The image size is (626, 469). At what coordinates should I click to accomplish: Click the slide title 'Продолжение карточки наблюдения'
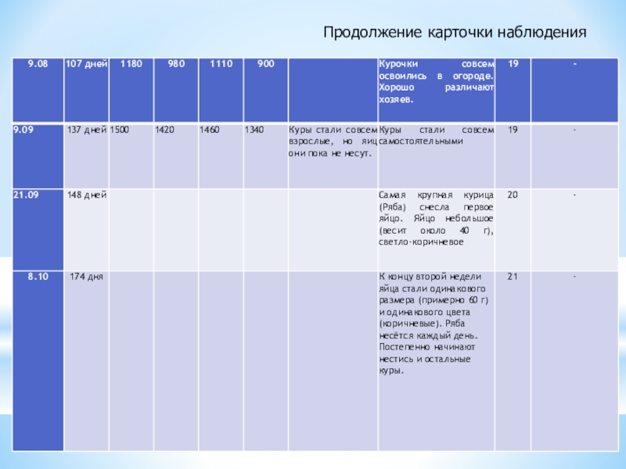point(455,32)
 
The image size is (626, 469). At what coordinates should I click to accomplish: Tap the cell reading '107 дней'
point(86,62)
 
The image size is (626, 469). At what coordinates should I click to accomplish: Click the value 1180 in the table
point(131,62)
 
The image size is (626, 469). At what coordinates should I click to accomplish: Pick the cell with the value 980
point(176,62)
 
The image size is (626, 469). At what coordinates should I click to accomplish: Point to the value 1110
point(221,62)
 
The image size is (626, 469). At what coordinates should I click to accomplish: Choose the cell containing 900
point(265,62)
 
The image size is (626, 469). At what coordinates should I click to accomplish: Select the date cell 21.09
point(26,194)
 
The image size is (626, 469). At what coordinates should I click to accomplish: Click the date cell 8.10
point(38,276)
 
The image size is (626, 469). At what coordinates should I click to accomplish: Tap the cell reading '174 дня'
point(88,276)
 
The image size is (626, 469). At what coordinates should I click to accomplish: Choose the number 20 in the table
point(512,194)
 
